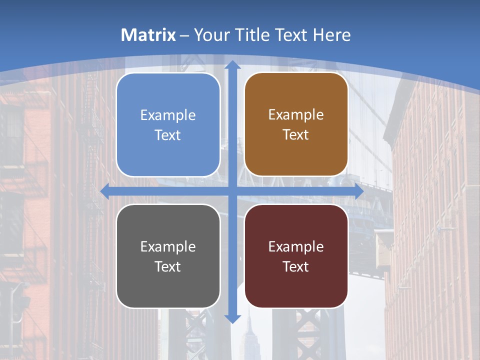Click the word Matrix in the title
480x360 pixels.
point(148,35)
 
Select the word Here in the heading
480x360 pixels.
point(332,35)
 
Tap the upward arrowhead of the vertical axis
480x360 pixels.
point(232,65)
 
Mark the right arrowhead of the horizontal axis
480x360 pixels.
point(359,191)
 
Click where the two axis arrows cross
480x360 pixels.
point(232,191)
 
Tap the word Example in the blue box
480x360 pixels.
point(168,115)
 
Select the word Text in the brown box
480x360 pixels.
point(296,135)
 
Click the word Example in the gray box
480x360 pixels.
point(168,246)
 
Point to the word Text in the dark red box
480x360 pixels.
point(296,266)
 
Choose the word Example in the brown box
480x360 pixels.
point(296,114)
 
